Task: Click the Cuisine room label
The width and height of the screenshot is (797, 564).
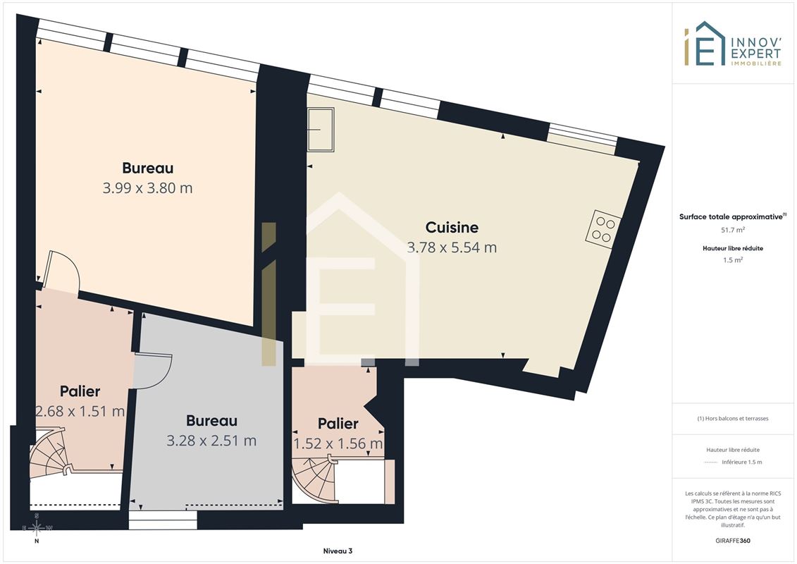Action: tap(452, 227)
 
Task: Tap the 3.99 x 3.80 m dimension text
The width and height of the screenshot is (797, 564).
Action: tap(147, 188)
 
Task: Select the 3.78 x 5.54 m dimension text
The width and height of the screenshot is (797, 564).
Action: tap(452, 247)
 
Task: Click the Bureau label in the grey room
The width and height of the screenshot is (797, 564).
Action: tap(211, 421)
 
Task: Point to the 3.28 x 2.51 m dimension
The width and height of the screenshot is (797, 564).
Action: tap(211, 441)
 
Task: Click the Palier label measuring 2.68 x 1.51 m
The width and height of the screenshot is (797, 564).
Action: tap(80, 391)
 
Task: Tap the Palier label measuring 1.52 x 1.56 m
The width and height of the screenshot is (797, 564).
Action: tap(338, 423)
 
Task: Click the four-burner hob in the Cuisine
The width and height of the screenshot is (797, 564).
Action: tap(603, 230)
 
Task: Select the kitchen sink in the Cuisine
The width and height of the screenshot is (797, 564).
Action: tap(321, 130)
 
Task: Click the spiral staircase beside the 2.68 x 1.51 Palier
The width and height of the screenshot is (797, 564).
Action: tap(50, 453)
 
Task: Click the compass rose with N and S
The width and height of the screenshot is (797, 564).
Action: tap(37, 529)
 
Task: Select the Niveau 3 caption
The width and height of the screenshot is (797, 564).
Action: tap(338, 551)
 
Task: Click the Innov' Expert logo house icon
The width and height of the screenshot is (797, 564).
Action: tap(705, 44)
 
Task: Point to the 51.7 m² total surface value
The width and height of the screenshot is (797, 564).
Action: tap(732, 230)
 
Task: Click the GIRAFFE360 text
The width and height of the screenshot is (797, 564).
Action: tap(732, 541)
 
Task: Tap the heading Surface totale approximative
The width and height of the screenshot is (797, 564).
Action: tap(731, 216)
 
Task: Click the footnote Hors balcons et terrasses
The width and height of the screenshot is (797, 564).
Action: tap(732, 419)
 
